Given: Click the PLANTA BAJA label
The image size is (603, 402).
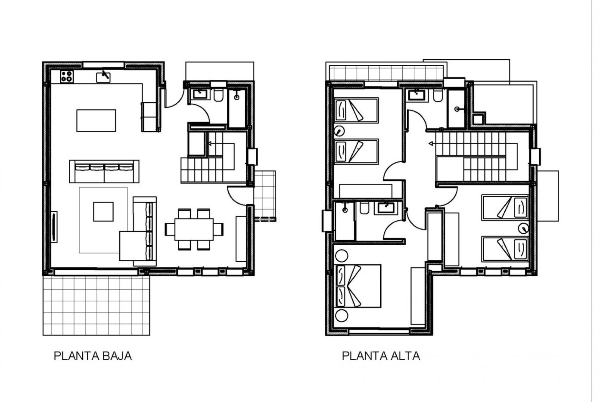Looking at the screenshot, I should click(x=93, y=356).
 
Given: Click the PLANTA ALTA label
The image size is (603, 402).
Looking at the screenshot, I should click(x=381, y=356).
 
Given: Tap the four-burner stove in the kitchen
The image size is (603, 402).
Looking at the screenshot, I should click(x=67, y=77).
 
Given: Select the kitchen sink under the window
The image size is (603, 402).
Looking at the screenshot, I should click(x=103, y=77).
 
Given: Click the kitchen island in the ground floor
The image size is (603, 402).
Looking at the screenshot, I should click(x=96, y=120).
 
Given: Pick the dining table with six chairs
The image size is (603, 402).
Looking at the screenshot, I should click(x=194, y=229).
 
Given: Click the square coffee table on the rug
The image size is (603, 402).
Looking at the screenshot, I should click(x=103, y=211).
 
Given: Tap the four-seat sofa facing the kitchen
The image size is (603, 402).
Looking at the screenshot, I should click(x=104, y=171).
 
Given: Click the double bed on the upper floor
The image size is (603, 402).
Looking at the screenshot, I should click(x=358, y=286).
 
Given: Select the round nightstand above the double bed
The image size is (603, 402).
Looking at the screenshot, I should click(x=341, y=256).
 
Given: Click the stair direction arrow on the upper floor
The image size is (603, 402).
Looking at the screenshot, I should click(x=431, y=144).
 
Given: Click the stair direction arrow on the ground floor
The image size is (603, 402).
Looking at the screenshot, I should click(x=209, y=144).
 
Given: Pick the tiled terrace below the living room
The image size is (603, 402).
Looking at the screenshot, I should click(x=96, y=305).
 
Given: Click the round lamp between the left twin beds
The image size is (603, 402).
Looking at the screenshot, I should click(x=339, y=130).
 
